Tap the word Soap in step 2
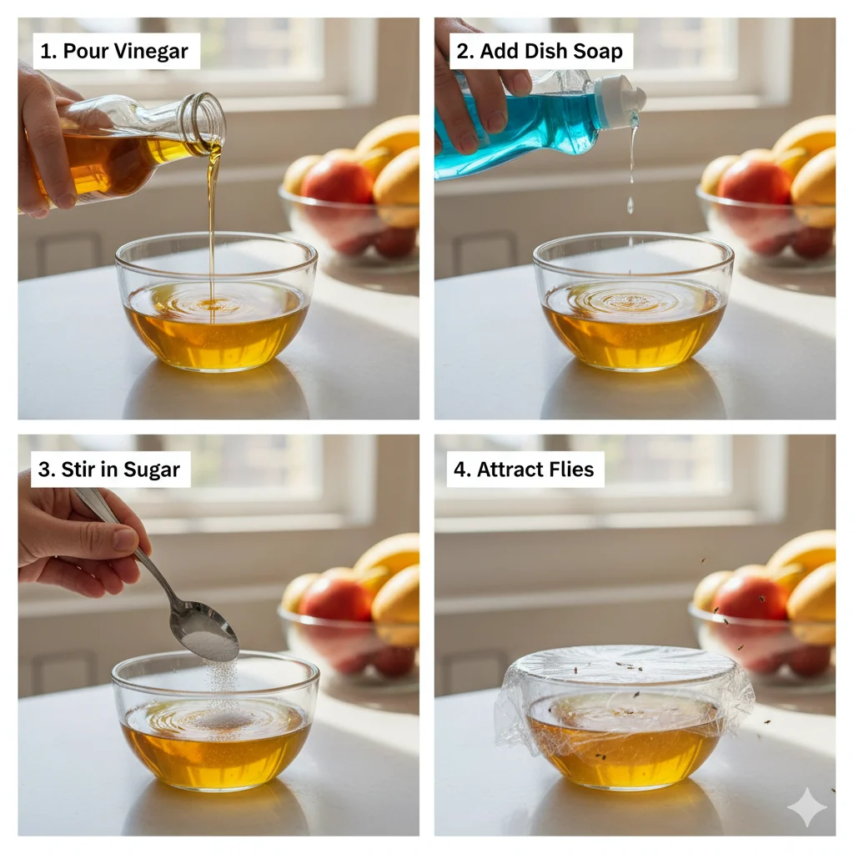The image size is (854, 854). pos(598,51)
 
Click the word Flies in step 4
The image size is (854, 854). pos(570,470)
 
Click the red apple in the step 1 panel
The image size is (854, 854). pos(337,181)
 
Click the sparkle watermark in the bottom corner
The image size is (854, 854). pos(807,807)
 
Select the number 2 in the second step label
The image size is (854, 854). pos(463,52)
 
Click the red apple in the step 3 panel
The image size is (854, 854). pos(335,597)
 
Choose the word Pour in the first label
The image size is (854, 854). pos(86,52)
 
